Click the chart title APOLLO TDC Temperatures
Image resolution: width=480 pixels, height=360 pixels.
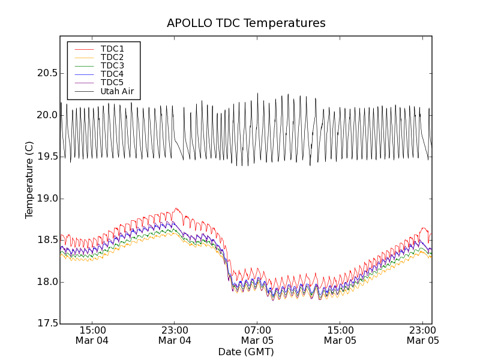point(246,23)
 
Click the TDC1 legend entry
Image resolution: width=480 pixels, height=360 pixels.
point(112,49)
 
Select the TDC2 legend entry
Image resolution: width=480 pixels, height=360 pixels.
point(112,57)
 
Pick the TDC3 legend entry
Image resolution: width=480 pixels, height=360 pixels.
point(112,65)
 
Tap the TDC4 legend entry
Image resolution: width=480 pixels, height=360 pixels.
point(112,74)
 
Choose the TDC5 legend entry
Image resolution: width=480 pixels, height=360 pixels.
point(112,82)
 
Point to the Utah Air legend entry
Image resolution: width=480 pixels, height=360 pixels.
point(117,91)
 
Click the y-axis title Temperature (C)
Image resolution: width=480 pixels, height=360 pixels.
point(29,180)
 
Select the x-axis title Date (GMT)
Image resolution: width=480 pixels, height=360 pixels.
point(245,352)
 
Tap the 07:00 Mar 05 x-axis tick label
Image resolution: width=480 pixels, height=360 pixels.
point(257,335)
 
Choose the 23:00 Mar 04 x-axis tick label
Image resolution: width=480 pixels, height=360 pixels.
point(175,335)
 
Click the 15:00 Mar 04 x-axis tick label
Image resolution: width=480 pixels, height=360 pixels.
point(92,335)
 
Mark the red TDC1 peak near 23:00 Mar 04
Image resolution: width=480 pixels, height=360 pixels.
point(176,208)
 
